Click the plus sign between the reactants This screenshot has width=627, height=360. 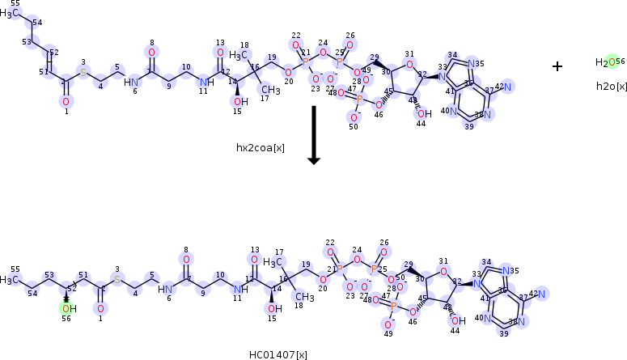coord(557,66)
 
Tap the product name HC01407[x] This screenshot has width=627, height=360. coord(277,354)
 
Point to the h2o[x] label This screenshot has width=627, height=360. coord(611,85)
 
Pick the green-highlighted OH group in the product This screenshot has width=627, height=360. coord(66,308)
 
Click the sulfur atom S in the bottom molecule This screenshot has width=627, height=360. coord(117,279)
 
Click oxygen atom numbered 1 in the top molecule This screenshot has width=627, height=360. coord(66,101)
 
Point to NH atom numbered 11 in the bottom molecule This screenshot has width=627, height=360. coord(238,288)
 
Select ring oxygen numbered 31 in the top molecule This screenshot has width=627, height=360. coord(409,66)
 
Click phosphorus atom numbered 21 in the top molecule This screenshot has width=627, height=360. coord(306,61)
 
